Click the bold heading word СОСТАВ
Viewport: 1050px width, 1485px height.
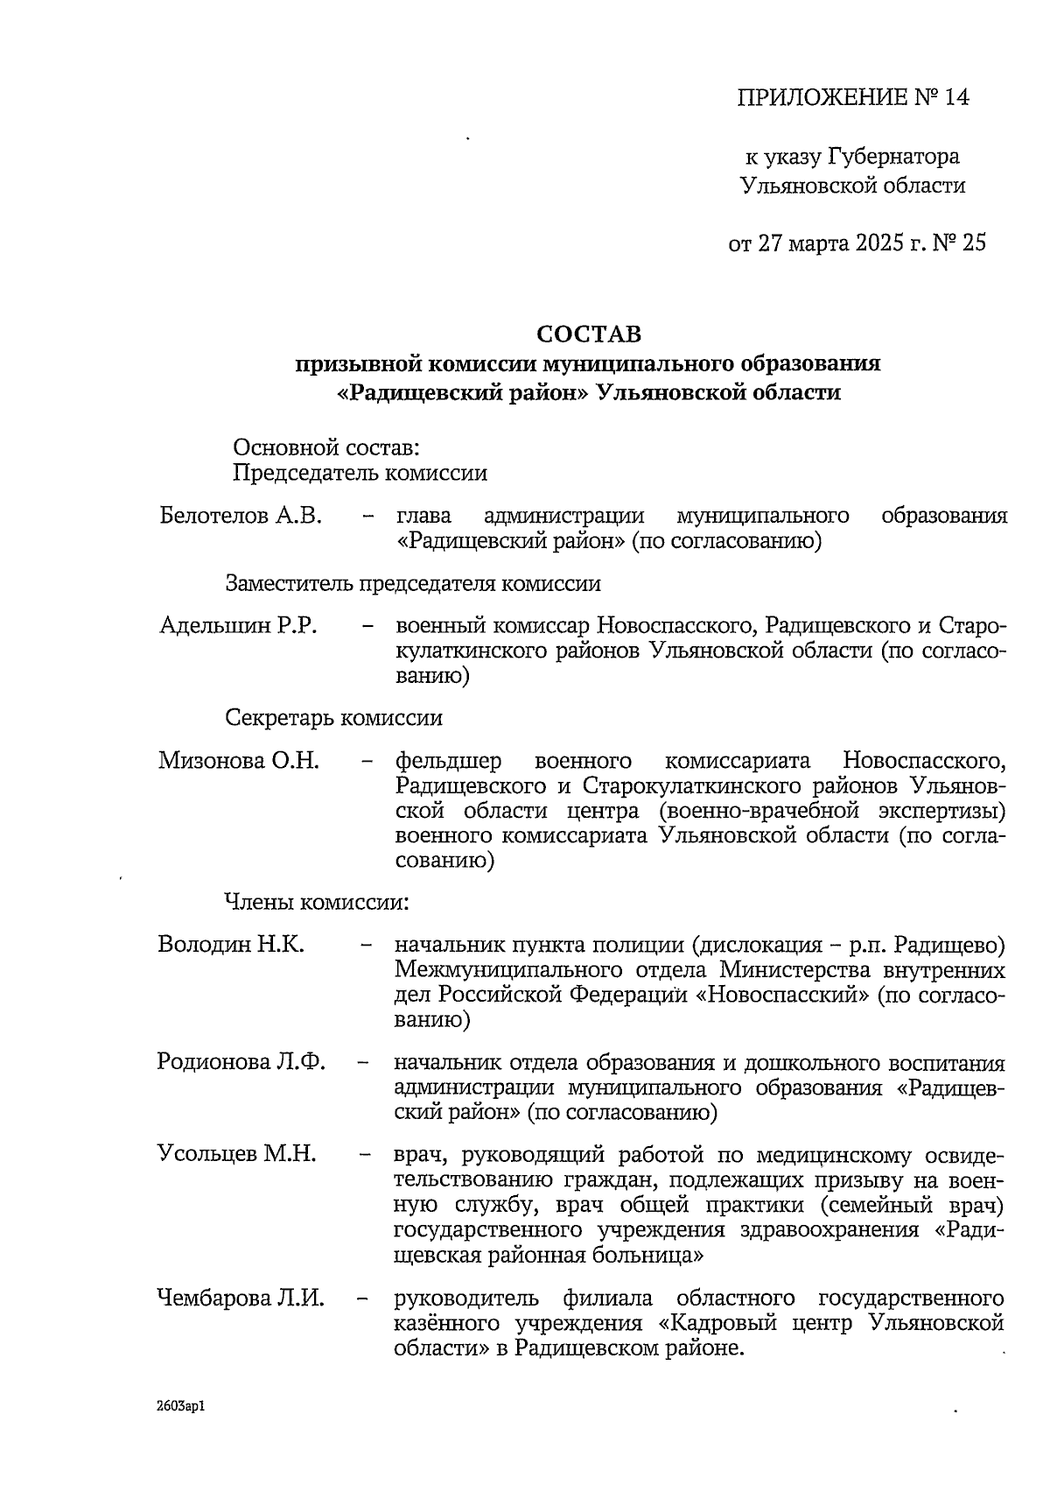(x=588, y=334)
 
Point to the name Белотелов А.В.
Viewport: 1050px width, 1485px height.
(x=241, y=516)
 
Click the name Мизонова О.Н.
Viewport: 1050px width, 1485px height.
(x=239, y=760)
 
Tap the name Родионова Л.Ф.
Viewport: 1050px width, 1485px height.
(x=241, y=1062)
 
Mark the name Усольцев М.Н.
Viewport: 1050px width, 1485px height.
(x=237, y=1153)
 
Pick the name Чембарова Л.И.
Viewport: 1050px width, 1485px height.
(x=241, y=1297)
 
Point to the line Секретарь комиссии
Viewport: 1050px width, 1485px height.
(x=334, y=718)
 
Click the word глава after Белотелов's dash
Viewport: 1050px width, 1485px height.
(x=423, y=516)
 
